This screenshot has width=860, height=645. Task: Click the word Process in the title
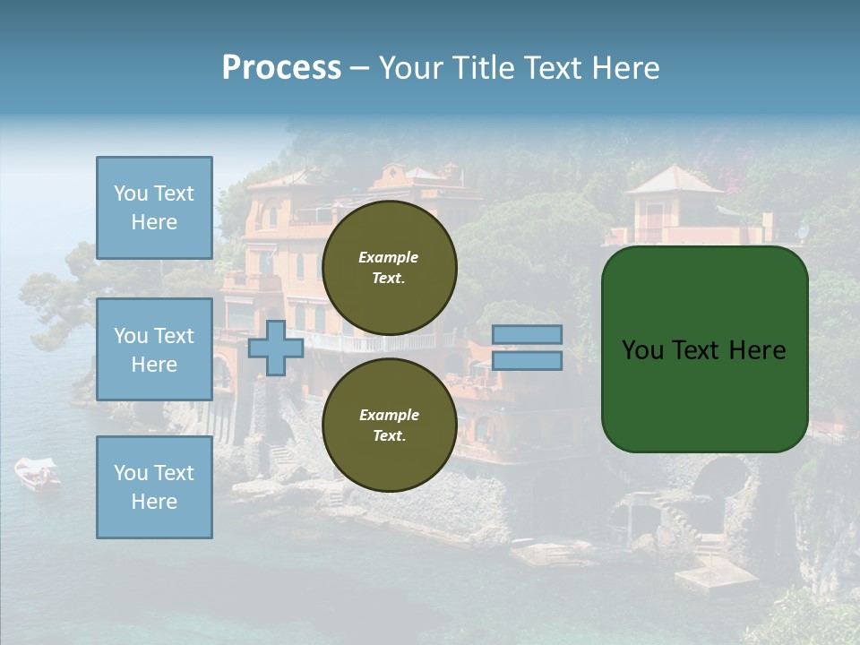pos(281,68)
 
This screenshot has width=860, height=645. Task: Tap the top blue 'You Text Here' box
pos(154,208)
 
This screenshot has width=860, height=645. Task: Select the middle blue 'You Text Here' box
pos(154,349)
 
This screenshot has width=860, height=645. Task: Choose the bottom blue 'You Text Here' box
pos(154,487)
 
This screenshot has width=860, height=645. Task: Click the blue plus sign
pos(275,348)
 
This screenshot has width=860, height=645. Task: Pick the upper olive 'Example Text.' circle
pos(390,268)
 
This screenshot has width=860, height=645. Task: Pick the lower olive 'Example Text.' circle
pos(390,426)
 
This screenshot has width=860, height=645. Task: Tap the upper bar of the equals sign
pos(528,334)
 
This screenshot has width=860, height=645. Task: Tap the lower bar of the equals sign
pos(528,361)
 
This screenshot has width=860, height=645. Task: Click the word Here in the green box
pos(757,350)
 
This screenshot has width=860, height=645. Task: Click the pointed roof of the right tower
pos(674,179)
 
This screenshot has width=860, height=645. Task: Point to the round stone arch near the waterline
pos(722,478)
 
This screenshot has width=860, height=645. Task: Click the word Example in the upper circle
pos(388,257)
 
